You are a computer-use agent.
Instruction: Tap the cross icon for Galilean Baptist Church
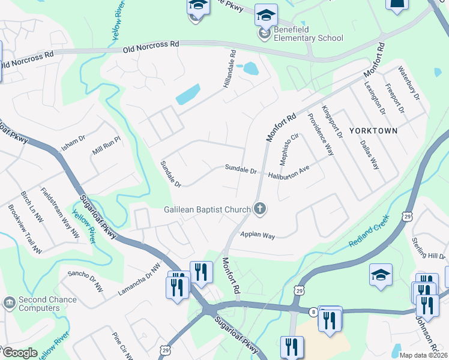click(x=260, y=209)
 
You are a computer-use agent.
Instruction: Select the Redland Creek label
click(x=369, y=232)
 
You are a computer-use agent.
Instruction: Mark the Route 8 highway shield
click(x=313, y=311)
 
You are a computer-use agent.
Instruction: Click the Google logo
click(x=19, y=353)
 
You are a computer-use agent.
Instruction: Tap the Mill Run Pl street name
click(x=107, y=146)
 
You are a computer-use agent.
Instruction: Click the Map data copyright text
click(x=423, y=355)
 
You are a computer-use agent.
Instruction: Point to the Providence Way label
click(x=320, y=135)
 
